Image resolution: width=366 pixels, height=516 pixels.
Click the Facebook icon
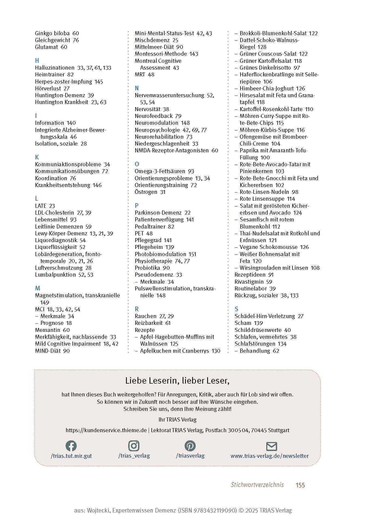point(71,446)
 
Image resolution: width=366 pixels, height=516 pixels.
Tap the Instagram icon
point(134,446)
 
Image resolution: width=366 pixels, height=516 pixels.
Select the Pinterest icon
point(190,446)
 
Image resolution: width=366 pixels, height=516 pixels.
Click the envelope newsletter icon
point(271,446)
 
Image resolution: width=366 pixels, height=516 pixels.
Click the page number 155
point(300,485)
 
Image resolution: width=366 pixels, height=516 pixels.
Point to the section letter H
point(37,61)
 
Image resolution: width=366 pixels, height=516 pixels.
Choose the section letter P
point(137,206)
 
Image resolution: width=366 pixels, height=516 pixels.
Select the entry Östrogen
point(146,192)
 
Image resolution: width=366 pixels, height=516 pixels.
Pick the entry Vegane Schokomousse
point(268,247)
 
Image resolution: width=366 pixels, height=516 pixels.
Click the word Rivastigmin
point(249,282)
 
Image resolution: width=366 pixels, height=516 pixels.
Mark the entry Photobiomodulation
point(160,254)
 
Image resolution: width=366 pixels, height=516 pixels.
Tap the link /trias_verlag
point(134,456)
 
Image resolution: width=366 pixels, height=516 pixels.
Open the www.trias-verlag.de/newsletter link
point(270,456)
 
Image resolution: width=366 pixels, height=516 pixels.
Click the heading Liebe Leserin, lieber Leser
point(177,381)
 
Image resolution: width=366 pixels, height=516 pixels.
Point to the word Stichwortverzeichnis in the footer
point(257,485)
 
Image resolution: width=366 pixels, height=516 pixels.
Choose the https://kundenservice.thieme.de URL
point(106,430)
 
